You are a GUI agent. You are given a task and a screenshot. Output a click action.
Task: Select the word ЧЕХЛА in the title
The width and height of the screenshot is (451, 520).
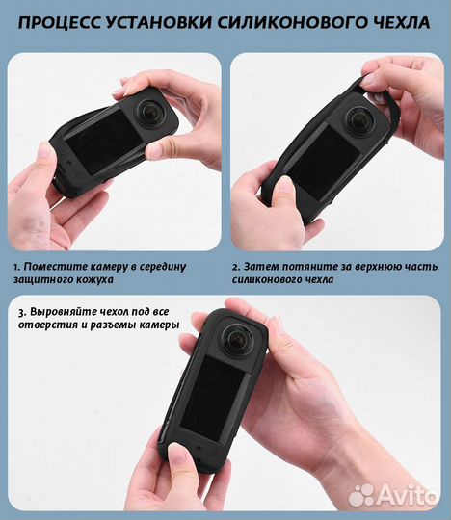(x=398, y=21)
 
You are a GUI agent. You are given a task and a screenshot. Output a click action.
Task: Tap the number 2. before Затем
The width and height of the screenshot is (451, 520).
(x=236, y=265)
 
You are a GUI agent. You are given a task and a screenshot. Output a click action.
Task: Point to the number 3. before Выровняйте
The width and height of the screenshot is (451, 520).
(x=20, y=311)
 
